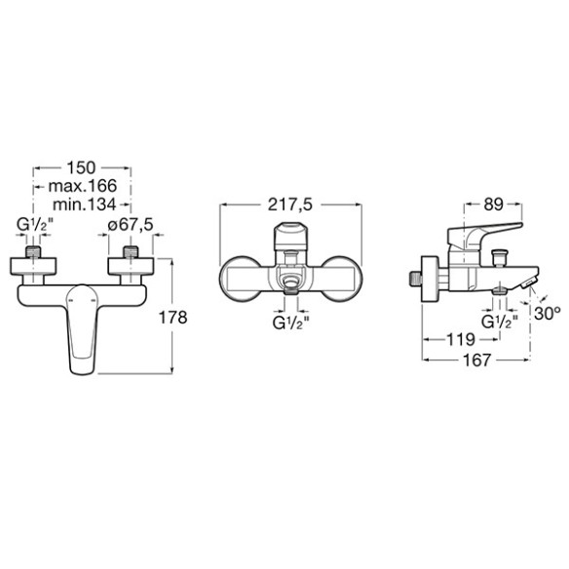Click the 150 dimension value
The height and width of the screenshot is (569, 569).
click(81, 168)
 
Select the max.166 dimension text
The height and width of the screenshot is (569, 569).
click(83, 186)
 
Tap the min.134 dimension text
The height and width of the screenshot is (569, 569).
click(84, 205)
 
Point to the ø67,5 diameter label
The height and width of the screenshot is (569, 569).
click(131, 225)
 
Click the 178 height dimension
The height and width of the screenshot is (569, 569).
click(172, 318)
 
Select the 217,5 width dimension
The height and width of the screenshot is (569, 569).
click(290, 205)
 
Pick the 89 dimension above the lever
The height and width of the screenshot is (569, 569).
click(493, 205)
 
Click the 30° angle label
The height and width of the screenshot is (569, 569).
click(548, 314)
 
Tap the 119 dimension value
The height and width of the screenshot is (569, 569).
click(460, 340)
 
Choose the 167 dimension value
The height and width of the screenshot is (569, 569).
click(476, 360)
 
